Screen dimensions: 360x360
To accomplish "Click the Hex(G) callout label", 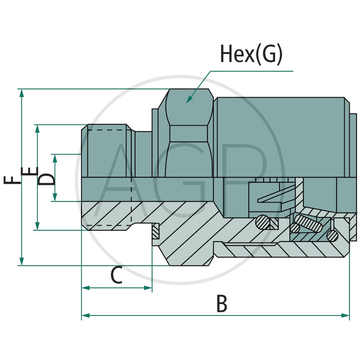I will [x=251, y=54].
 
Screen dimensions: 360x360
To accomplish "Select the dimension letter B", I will [x=221, y=304].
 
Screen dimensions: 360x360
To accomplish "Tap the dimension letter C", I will [x=117, y=275].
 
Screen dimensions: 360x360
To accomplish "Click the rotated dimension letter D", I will [x=46, y=178].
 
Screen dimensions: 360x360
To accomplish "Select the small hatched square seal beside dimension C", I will [x=155, y=231].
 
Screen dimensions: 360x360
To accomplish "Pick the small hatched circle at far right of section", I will [x=333, y=235].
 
